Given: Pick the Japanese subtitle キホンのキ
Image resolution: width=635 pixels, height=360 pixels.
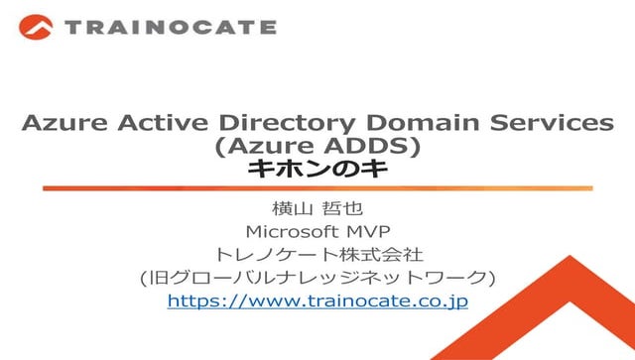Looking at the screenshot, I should click(x=317, y=170).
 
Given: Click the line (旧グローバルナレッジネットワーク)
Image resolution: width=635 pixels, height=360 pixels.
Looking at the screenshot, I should click(x=317, y=277).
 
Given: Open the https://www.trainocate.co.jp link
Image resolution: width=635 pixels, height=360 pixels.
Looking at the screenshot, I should click(x=317, y=300).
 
